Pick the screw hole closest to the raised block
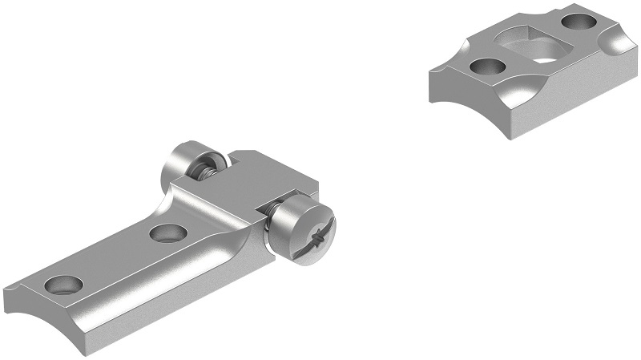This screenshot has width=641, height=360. point(168,233)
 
